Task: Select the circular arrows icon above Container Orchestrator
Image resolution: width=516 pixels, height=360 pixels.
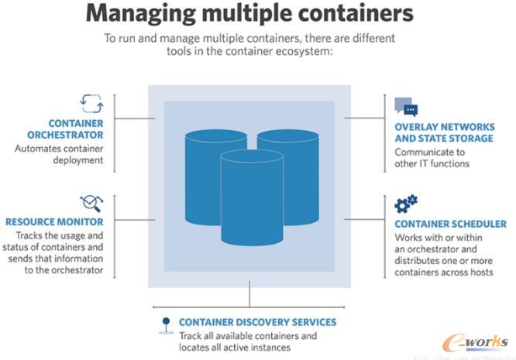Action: click(91, 103)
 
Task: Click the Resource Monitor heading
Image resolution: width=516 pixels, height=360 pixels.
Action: click(55, 221)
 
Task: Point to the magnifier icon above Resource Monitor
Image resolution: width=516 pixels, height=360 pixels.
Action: click(91, 202)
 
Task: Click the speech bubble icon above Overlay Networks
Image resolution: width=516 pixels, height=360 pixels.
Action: click(405, 107)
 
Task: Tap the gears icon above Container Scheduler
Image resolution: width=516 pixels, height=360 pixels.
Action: click(406, 204)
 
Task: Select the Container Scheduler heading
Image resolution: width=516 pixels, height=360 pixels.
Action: click(450, 224)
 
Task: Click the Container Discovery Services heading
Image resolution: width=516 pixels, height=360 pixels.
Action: click(258, 322)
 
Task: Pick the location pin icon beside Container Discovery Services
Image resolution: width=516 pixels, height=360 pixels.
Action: click(164, 324)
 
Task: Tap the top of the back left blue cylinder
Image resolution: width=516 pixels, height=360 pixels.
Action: click(216, 139)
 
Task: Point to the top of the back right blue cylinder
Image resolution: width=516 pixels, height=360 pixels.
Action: click(288, 138)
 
